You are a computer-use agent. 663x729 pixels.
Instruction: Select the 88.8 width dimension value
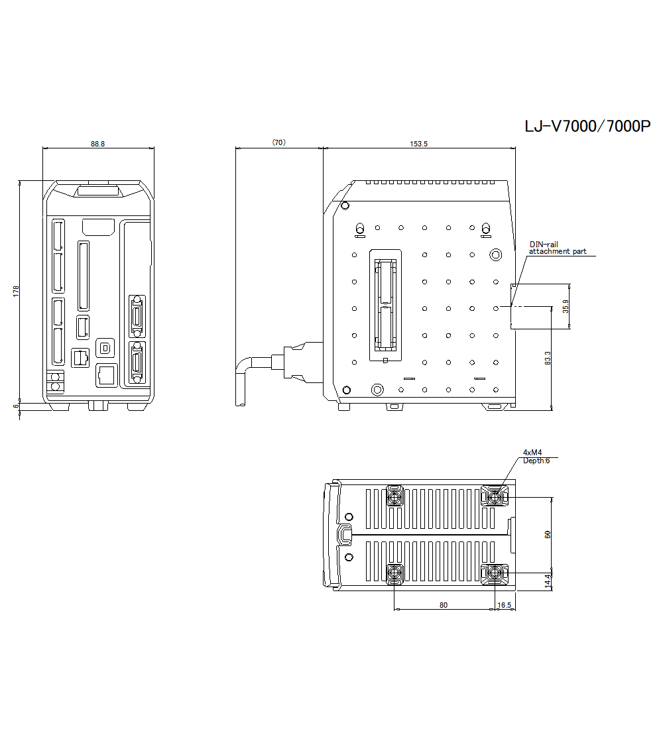pyautogui.click(x=97, y=143)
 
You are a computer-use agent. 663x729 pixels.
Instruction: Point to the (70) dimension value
pyautogui.click(x=278, y=142)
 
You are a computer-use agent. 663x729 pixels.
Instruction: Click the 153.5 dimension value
pyautogui.click(x=419, y=143)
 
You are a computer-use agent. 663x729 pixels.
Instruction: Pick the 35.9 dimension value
pyautogui.click(x=566, y=306)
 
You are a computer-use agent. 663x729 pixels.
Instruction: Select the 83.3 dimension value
pyautogui.click(x=548, y=359)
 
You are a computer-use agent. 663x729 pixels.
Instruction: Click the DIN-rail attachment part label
pyautogui.click(x=557, y=248)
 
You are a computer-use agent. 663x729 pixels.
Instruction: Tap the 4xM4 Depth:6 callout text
pyautogui.click(x=536, y=457)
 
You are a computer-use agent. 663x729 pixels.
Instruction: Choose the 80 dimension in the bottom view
pyautogui.click(x=444, y=604)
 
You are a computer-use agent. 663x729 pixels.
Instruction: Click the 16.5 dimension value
pyautogui.click(x=504, y=604)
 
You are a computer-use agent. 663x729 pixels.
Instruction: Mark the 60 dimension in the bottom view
pyautogui.click(x=548, y=534)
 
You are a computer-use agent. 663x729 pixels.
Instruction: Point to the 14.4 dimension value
pyautogui.click(x=548, y=581)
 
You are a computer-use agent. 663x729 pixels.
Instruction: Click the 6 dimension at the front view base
pyautogui.click(x=16, y=406)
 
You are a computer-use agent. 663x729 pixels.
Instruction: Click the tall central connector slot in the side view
pyautogui.click(x=385, y=306)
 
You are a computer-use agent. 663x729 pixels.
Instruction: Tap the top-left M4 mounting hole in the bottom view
pyautogui.click(x=394, y=496)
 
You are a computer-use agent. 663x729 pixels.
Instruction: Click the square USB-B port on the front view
pyautogui.click(x=105, y=347)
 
